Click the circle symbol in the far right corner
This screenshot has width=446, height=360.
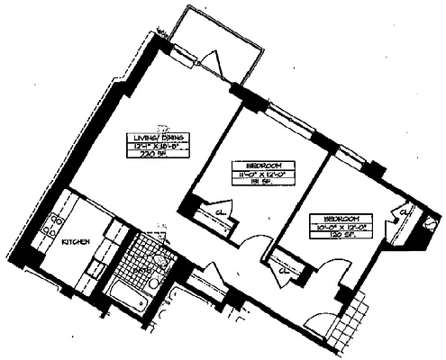pos(431,222)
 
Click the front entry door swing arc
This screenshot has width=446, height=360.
pos(320,312)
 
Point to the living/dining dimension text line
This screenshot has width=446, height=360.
pos(149,145)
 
